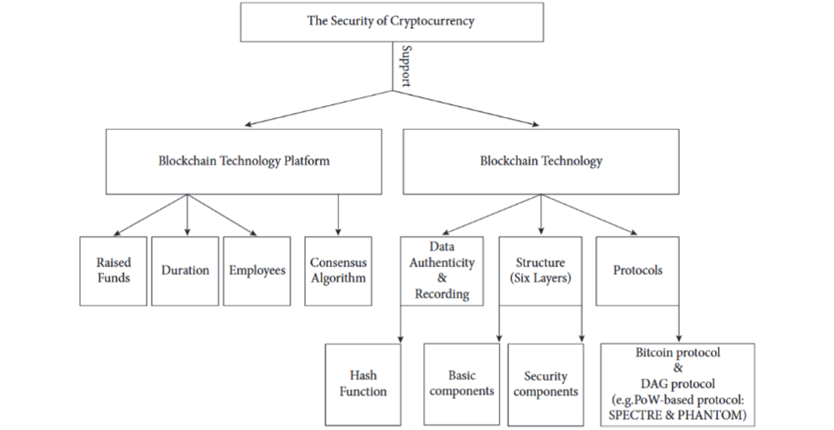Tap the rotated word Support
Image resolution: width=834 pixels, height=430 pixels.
coord(404,65)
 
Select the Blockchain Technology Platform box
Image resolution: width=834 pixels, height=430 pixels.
coord(244,161)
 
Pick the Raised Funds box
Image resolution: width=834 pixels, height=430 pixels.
coord(114,270)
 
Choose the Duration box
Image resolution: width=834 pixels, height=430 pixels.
coord(185,270)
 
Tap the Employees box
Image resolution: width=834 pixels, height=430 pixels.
coord(257,270)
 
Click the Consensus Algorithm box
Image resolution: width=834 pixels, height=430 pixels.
coord(338,270)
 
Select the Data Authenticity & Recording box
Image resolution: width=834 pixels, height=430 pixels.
coord(441,270)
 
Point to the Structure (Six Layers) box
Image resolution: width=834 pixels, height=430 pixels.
coord(540,270)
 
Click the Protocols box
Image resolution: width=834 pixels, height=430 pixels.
coord(637,270)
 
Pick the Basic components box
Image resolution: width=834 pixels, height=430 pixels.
coord(461,382)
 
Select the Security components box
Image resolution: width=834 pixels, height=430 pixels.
coord(545,384)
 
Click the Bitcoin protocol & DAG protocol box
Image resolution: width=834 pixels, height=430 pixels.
coord(678,384)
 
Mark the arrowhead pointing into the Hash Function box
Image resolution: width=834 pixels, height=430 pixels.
coord(400,339)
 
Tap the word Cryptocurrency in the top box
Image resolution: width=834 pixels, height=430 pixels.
coord(431,22)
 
